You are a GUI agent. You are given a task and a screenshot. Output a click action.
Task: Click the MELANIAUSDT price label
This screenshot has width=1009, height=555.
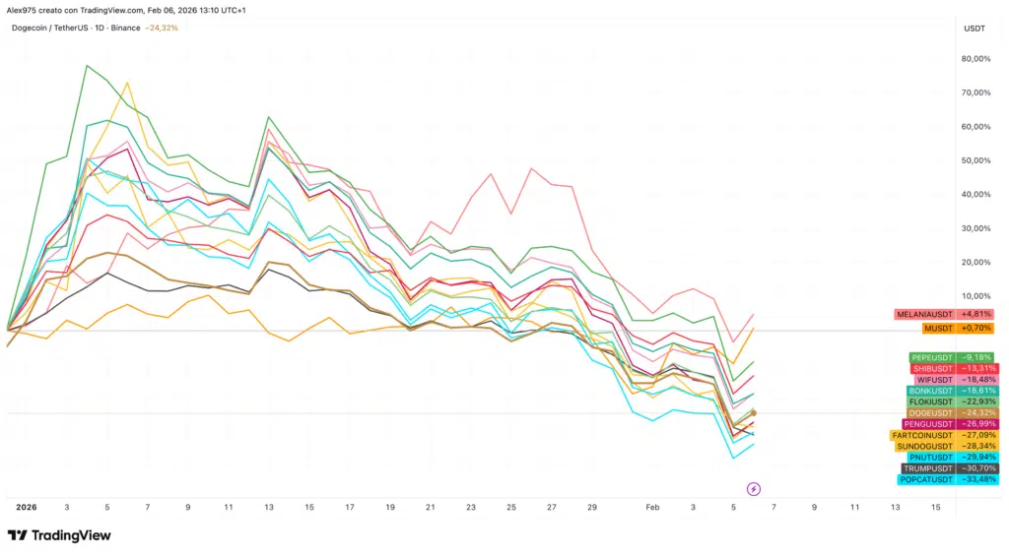pyautogui.click(x=944, y=315)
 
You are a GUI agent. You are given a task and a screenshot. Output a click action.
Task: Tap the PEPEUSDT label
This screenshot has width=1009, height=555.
pyautogui.click(x=951, y=357)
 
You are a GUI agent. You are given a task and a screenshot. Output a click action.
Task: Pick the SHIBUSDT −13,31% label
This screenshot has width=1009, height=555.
pyautogui.click(x=951, y=369)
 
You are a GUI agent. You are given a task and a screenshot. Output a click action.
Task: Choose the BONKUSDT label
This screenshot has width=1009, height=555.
pyautogui.click(x=951, y=391)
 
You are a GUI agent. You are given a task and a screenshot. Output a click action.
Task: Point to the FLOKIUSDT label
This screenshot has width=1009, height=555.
pyautogui.click(x=950, y=401)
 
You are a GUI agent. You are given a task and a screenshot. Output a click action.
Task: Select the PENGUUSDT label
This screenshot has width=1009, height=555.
pyautogui.click(x=950, y=424)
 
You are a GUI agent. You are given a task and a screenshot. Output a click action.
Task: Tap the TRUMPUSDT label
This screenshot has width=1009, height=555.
pyautogui.click(x=949, y=468)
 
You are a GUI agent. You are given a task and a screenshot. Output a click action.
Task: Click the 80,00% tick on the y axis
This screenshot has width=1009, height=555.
pyautogui.click(x=975, y=59)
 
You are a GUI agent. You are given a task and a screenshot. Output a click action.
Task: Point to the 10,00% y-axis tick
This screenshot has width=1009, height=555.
pyautogui.click(x=975, y=296)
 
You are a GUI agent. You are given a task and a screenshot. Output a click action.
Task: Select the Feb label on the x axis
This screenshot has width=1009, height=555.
pyautogui.click(x=652, y=507)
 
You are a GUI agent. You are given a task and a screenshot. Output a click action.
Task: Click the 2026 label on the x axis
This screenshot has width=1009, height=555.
pyautogui.click(x=26, y=507)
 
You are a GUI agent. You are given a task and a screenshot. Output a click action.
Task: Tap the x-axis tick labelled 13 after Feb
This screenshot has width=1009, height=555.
pyautogui.click(x=895, y=507)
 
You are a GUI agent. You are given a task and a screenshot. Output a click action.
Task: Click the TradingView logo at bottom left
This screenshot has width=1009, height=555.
pyautogui.click(x=59, y=535)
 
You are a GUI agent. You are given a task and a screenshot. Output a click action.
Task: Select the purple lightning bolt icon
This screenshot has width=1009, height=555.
pyautogui.click(x=754, y=488)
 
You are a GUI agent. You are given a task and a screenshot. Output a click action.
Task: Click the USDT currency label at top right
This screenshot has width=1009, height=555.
pyautogui.click(x=974, y=29)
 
